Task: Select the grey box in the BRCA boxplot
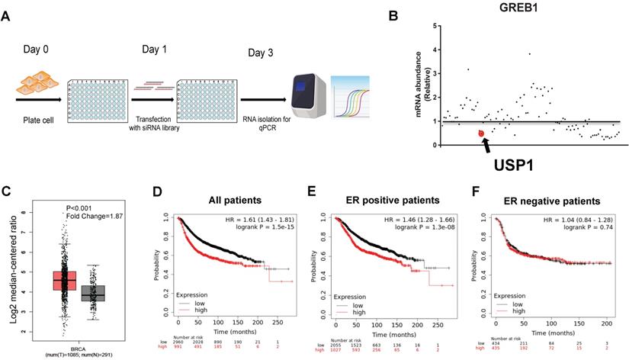pyautogui.click(x=94, y=294)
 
